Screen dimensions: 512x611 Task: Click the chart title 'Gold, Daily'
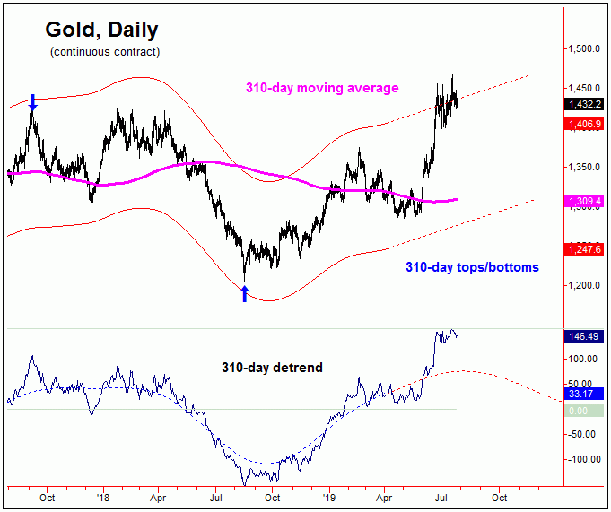tap(101, 30)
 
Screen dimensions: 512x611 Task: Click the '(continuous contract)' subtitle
tap(105, 52)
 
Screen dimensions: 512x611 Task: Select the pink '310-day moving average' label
tap(322, 88)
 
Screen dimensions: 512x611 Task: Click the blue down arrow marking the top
tap(32, 102)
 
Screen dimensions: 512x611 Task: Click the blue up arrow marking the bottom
tap(244, 293)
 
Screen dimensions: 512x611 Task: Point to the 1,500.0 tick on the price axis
tap(584, 48)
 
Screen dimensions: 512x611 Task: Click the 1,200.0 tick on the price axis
tap(584, 286)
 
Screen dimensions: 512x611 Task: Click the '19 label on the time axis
tap(328, 495)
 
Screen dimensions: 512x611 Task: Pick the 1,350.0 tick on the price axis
tap(584, 168)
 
